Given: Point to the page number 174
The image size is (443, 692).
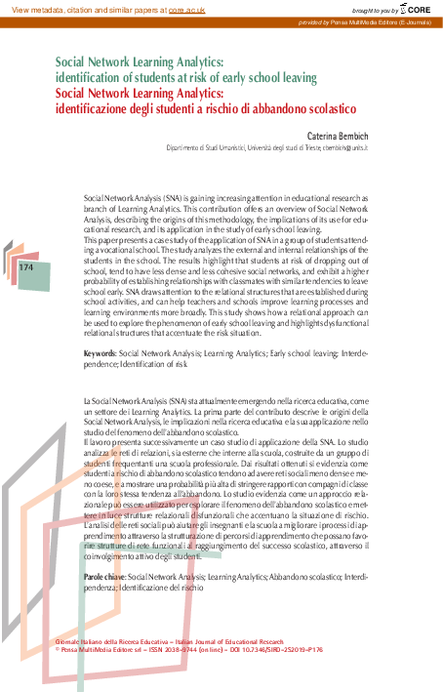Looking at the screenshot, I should [26, 265].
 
